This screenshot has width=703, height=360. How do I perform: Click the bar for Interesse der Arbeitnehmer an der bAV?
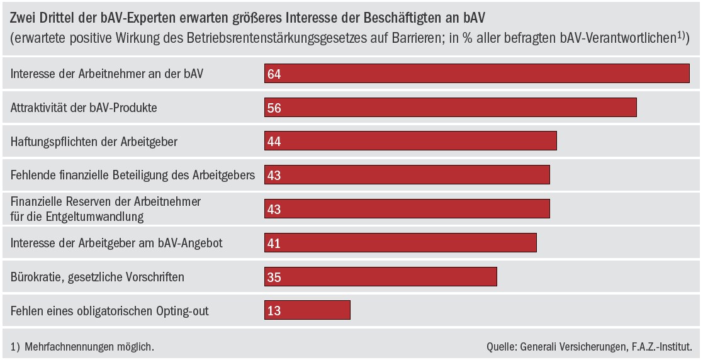tap(477, 74)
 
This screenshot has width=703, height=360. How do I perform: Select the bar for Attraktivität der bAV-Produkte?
tap(451, 108)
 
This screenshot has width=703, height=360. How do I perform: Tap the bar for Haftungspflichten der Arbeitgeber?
tap(410, 142)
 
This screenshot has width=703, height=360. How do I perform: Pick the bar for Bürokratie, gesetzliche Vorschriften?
tap(381, 276)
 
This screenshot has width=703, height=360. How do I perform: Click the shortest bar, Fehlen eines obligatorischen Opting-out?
tap(307, 310)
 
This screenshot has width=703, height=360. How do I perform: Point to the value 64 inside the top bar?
tap(274, 74)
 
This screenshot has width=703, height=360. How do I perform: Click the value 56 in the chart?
tap(274, 108)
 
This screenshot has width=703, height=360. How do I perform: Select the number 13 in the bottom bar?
tap(274, 311)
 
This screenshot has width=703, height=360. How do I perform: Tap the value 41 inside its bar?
tap(274, 243)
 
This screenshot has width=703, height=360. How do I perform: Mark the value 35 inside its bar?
tap(274, 277)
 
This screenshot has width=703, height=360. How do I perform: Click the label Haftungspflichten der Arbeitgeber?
tap(94, 142)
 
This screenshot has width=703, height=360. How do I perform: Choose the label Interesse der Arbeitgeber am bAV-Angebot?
tap(116, 243)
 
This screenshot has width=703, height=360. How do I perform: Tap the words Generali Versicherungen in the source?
tap(580, 346)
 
